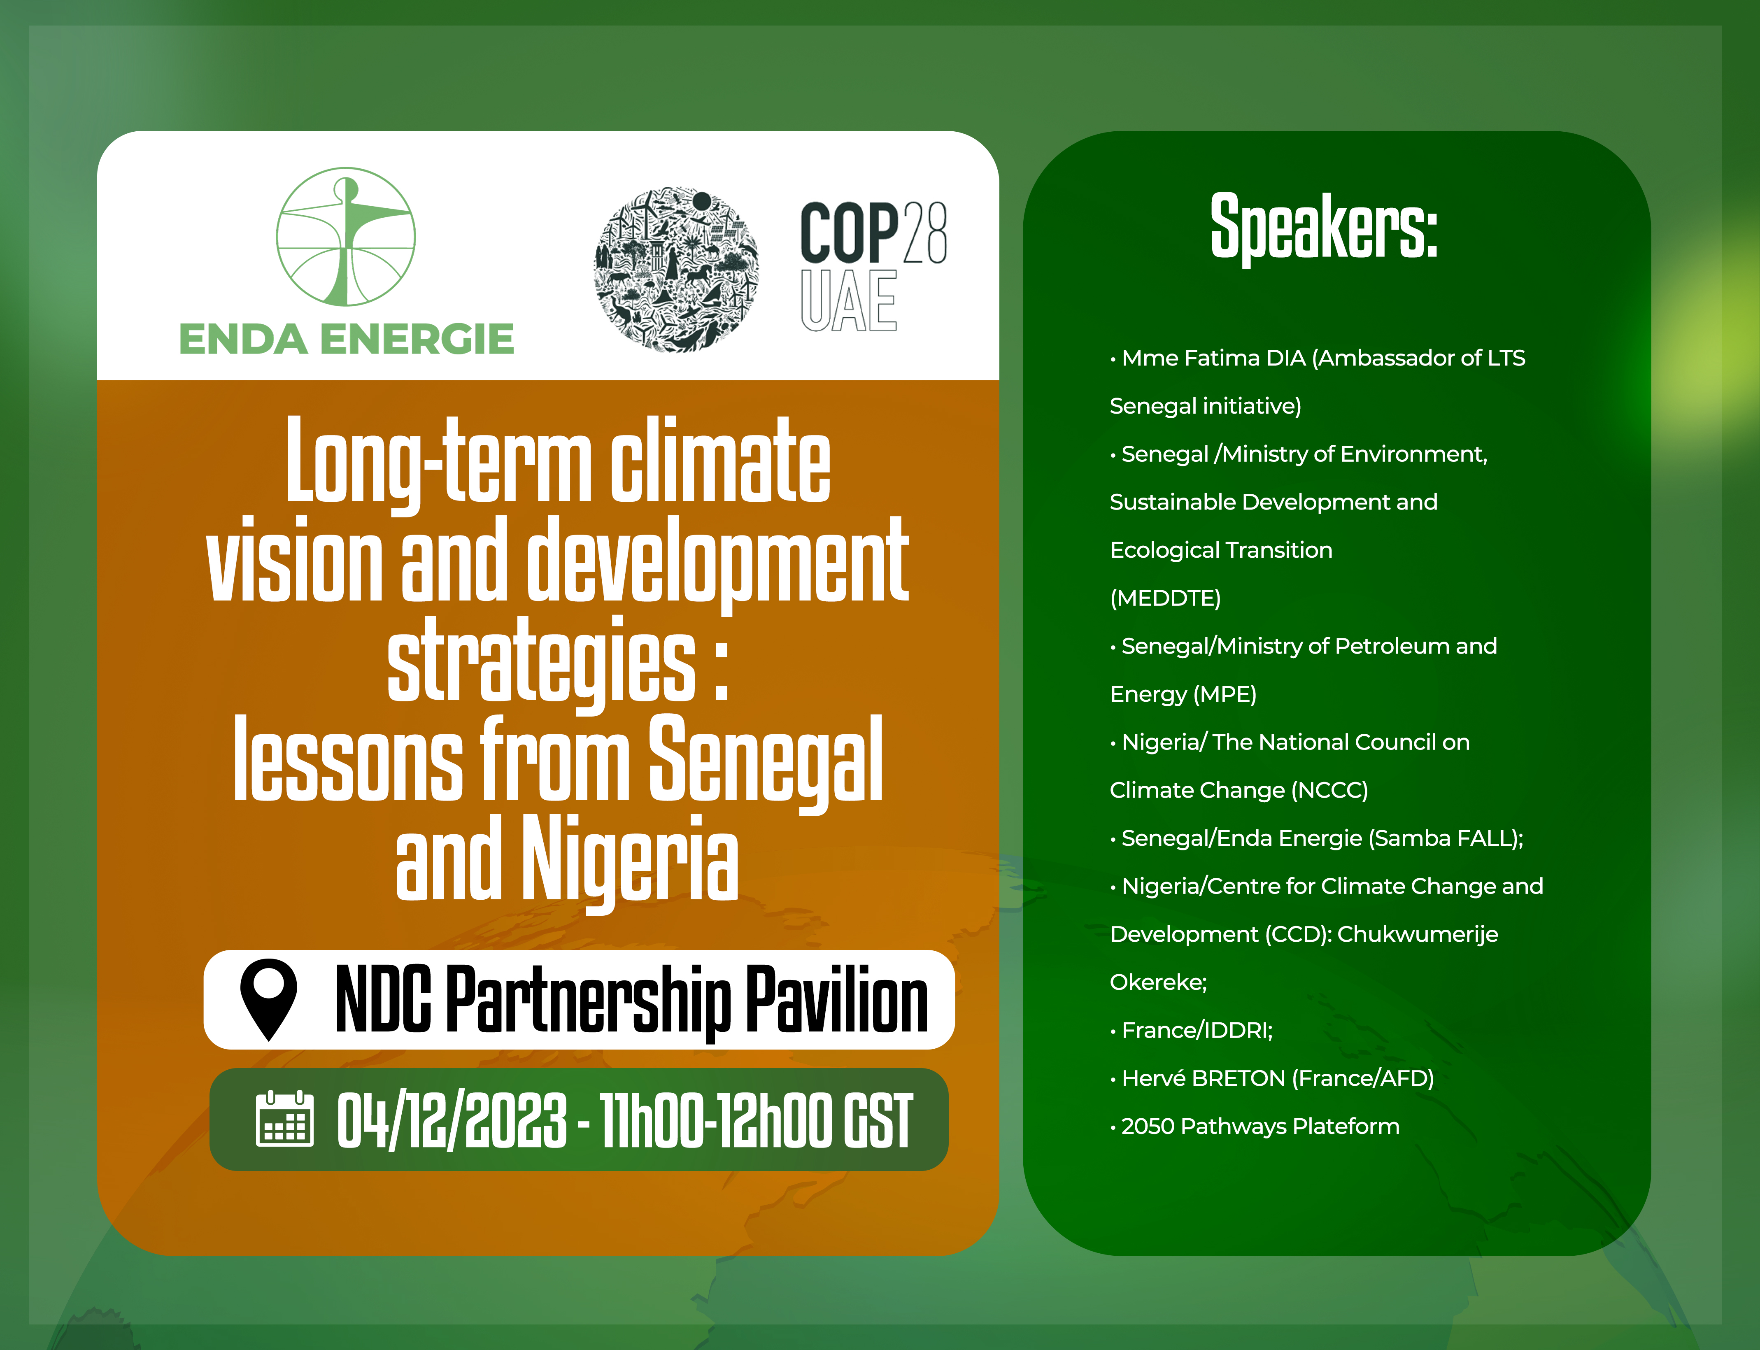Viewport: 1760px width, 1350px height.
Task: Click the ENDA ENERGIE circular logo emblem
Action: [x=346, y=236]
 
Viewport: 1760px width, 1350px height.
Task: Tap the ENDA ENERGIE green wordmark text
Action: [x=347, y=339]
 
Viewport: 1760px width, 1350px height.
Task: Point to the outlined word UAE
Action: [x=849, y=300]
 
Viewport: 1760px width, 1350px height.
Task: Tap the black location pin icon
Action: [x=268, y=999]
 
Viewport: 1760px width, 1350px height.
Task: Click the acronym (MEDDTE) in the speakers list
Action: [x=1165, y=598]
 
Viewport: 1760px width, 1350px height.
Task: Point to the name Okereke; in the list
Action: [x=1158, y=982]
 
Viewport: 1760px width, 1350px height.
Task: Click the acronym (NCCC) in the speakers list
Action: [x=1329, y=790]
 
